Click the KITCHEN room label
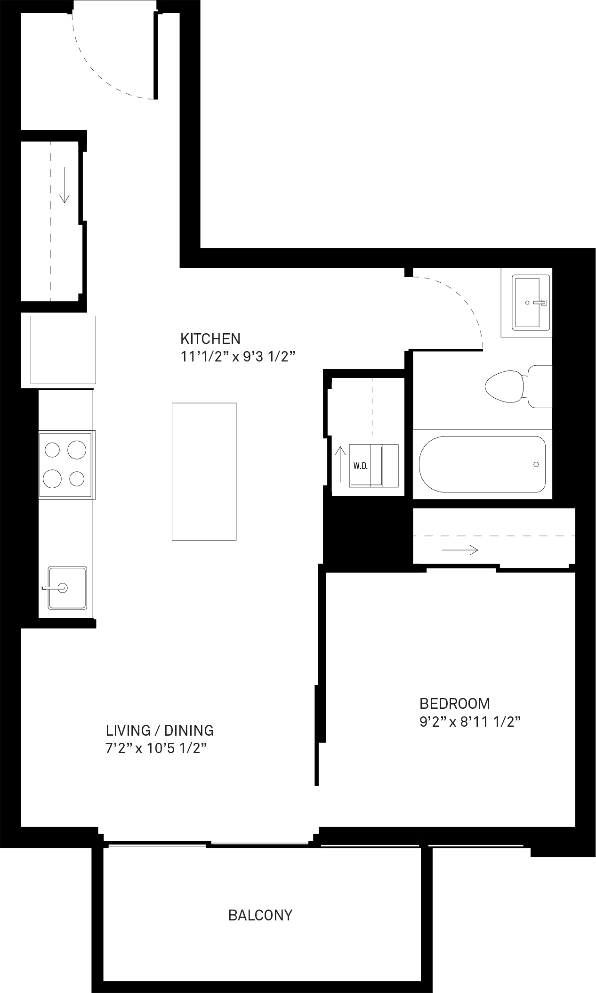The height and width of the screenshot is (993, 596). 210,339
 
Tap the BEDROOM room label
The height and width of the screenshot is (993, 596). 455,704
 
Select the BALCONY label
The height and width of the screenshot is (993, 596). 260,915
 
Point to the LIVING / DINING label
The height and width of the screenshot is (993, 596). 160,730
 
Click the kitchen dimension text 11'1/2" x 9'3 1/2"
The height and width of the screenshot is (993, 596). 238,357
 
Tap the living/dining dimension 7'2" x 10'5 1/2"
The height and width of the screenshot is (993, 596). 157,748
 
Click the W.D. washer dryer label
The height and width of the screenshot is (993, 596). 360,466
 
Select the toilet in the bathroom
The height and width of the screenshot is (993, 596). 518,386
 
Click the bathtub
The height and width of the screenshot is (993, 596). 482,464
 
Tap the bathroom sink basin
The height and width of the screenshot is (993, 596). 527,302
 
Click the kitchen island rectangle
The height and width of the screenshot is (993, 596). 204,471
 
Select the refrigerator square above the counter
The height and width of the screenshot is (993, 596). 62,350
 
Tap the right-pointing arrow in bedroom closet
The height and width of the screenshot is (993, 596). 460,550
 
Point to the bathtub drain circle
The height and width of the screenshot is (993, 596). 536,465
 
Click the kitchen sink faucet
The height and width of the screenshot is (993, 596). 55,588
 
